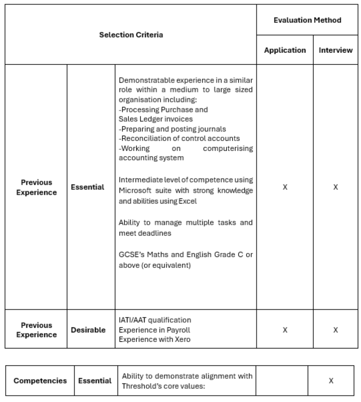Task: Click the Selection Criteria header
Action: pos(131,35)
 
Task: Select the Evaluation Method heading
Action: pos(307,20)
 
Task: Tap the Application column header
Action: pos(285,50)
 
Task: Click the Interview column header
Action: pos(336,50)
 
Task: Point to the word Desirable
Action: pos(88,330)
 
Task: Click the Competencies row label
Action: pos(40,381)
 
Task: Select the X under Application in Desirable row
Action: pos(285,330)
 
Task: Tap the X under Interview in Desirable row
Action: pos(336,330)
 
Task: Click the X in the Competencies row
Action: pos(331,381)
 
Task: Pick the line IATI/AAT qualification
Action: pos(155,320)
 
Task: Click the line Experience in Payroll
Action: pos(154,330)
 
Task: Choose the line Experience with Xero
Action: pos(154,339)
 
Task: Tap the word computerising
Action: pos(228,148)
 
